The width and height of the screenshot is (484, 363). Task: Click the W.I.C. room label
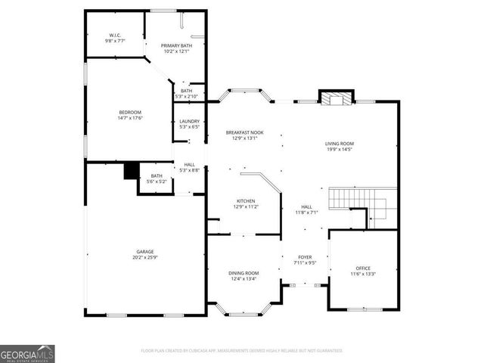point(115,35)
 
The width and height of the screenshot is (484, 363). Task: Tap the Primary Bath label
point(176,45)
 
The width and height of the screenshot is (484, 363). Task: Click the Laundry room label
point(188,122)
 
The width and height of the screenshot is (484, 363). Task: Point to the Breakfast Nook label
point(245,133)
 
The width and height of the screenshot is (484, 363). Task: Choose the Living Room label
point(340,143)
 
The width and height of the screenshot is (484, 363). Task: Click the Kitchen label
point(246,201)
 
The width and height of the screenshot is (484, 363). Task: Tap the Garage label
point(145,251)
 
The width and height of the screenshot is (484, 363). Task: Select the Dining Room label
point(244,273)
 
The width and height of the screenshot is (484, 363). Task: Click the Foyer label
point(304,258)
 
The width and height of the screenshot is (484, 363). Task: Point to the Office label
point(363,268)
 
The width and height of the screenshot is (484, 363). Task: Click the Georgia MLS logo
point(27,353)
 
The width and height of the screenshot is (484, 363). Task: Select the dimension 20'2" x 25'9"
point(145,257)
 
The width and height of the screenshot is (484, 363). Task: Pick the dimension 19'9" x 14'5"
point(340,149)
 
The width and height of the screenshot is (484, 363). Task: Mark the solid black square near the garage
point(129,171)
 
